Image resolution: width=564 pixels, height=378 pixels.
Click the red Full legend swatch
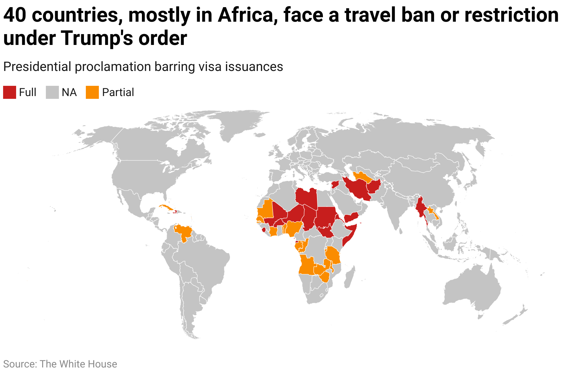click(9, 92)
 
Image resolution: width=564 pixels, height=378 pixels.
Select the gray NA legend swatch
click(52, 92)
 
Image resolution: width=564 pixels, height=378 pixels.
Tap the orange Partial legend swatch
click(92, 92)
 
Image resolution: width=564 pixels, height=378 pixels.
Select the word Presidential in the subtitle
click(37, 67)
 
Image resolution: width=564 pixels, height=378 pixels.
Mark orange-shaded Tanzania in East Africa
click(333, 255)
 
